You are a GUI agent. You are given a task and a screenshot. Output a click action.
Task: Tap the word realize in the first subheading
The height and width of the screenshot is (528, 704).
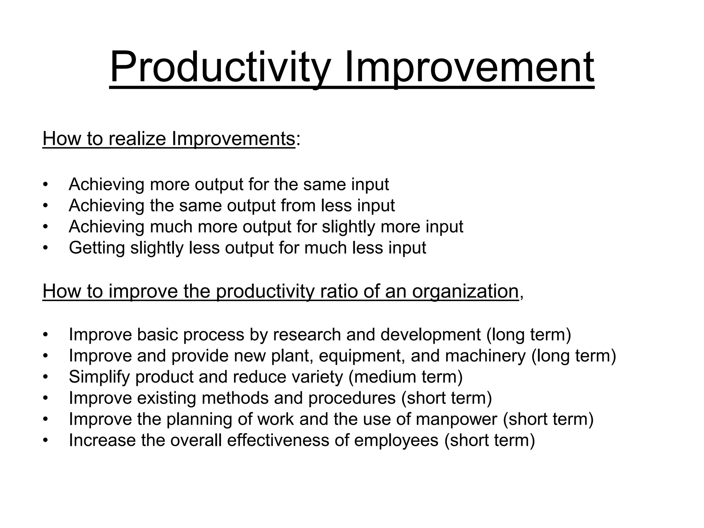[x=137, y=139]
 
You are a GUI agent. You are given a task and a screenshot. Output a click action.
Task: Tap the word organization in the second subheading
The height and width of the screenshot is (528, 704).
[x=465, y=291]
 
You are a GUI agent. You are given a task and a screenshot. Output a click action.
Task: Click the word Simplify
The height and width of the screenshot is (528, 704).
[x=99, y=377]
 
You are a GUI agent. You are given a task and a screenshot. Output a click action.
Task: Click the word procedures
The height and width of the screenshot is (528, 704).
[x=352, y=398]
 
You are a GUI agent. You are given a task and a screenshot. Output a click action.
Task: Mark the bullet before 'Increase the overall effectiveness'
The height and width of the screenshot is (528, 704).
[x=45, y=441]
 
